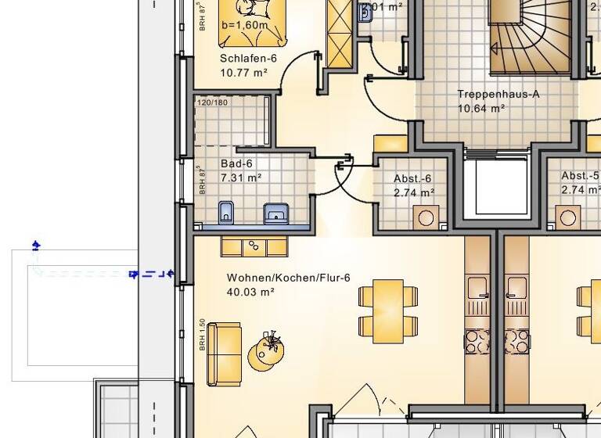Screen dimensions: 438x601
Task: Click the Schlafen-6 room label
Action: coord(248,59)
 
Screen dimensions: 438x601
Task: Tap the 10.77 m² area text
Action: coord(243,73)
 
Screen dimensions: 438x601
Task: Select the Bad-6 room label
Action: coord(236,164)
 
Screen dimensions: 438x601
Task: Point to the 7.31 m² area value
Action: coord(240,178)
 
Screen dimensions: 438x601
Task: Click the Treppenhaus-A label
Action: coord(498,95)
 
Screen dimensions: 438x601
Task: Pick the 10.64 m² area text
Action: coord(481,109)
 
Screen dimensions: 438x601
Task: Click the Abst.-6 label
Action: coord(412,178)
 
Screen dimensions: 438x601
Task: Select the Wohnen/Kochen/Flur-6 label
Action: coord(288,278)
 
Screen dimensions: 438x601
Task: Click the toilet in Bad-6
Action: coord(226,211)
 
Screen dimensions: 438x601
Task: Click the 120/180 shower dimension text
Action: coord(212,102)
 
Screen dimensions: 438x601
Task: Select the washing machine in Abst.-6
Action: coord(426,217)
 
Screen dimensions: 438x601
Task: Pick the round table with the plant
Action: coord(266,354)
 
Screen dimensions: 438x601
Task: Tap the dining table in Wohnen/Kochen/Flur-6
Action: coord(388,311)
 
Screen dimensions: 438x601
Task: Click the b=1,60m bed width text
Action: coord(244,25)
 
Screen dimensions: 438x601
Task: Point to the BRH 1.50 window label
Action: coord(202,335)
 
